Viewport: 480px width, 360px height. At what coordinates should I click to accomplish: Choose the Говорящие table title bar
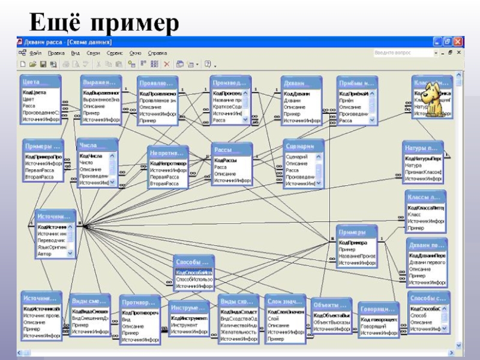(379, 309)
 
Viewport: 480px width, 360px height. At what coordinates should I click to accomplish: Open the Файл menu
(34, 53)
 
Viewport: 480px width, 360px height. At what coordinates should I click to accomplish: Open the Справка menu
(157, 53)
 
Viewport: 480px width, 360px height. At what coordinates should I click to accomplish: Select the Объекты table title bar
(331, 305)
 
